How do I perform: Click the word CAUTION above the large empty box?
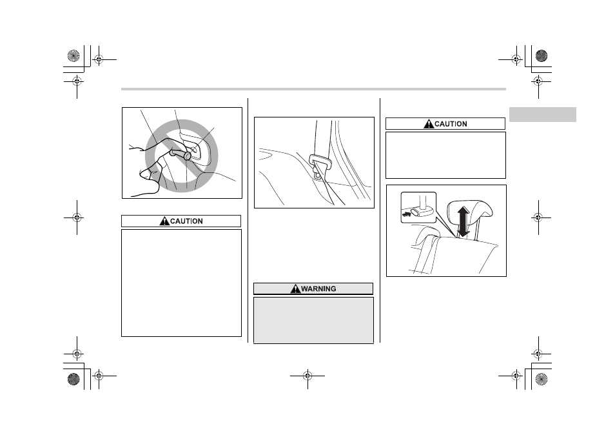[186, 221]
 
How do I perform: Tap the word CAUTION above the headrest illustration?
[451, 124]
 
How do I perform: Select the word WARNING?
[318, 289]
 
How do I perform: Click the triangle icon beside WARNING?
[295, 289]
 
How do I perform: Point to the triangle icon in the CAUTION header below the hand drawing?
[164, 221]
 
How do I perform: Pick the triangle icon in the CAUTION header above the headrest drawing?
[429, 124]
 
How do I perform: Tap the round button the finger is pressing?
[188, 156]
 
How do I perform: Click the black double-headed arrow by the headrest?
[464, 222]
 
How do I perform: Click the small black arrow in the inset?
[406, 215]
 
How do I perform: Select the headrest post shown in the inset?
[423, 201]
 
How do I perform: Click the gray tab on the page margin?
[542, 114]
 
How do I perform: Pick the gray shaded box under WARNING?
[313, 320]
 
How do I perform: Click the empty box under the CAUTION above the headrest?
[445, 155]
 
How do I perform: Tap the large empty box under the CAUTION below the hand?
[181, 283]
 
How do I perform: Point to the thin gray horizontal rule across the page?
[313, 89]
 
